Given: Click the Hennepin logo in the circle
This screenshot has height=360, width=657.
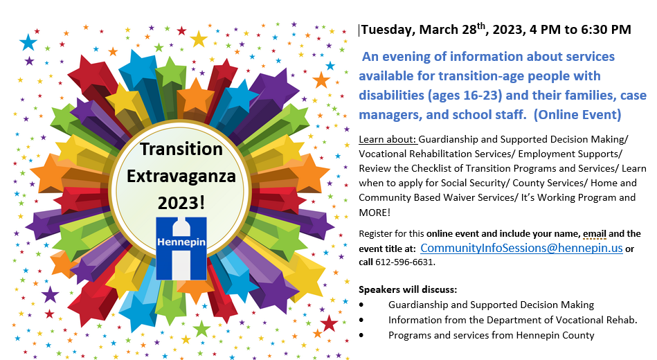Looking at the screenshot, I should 181,247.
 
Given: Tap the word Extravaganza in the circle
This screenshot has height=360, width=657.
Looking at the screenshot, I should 182,176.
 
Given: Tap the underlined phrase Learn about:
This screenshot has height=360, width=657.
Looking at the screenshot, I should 387,139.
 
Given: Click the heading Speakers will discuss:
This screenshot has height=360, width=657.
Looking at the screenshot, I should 408,289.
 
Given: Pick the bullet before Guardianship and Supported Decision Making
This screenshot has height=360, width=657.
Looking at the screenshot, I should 363,305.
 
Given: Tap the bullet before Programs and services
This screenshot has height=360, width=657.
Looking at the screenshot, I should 363,336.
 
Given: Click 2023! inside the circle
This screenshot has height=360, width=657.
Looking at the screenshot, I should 181,202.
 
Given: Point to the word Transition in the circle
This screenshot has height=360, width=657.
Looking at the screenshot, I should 181,149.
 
